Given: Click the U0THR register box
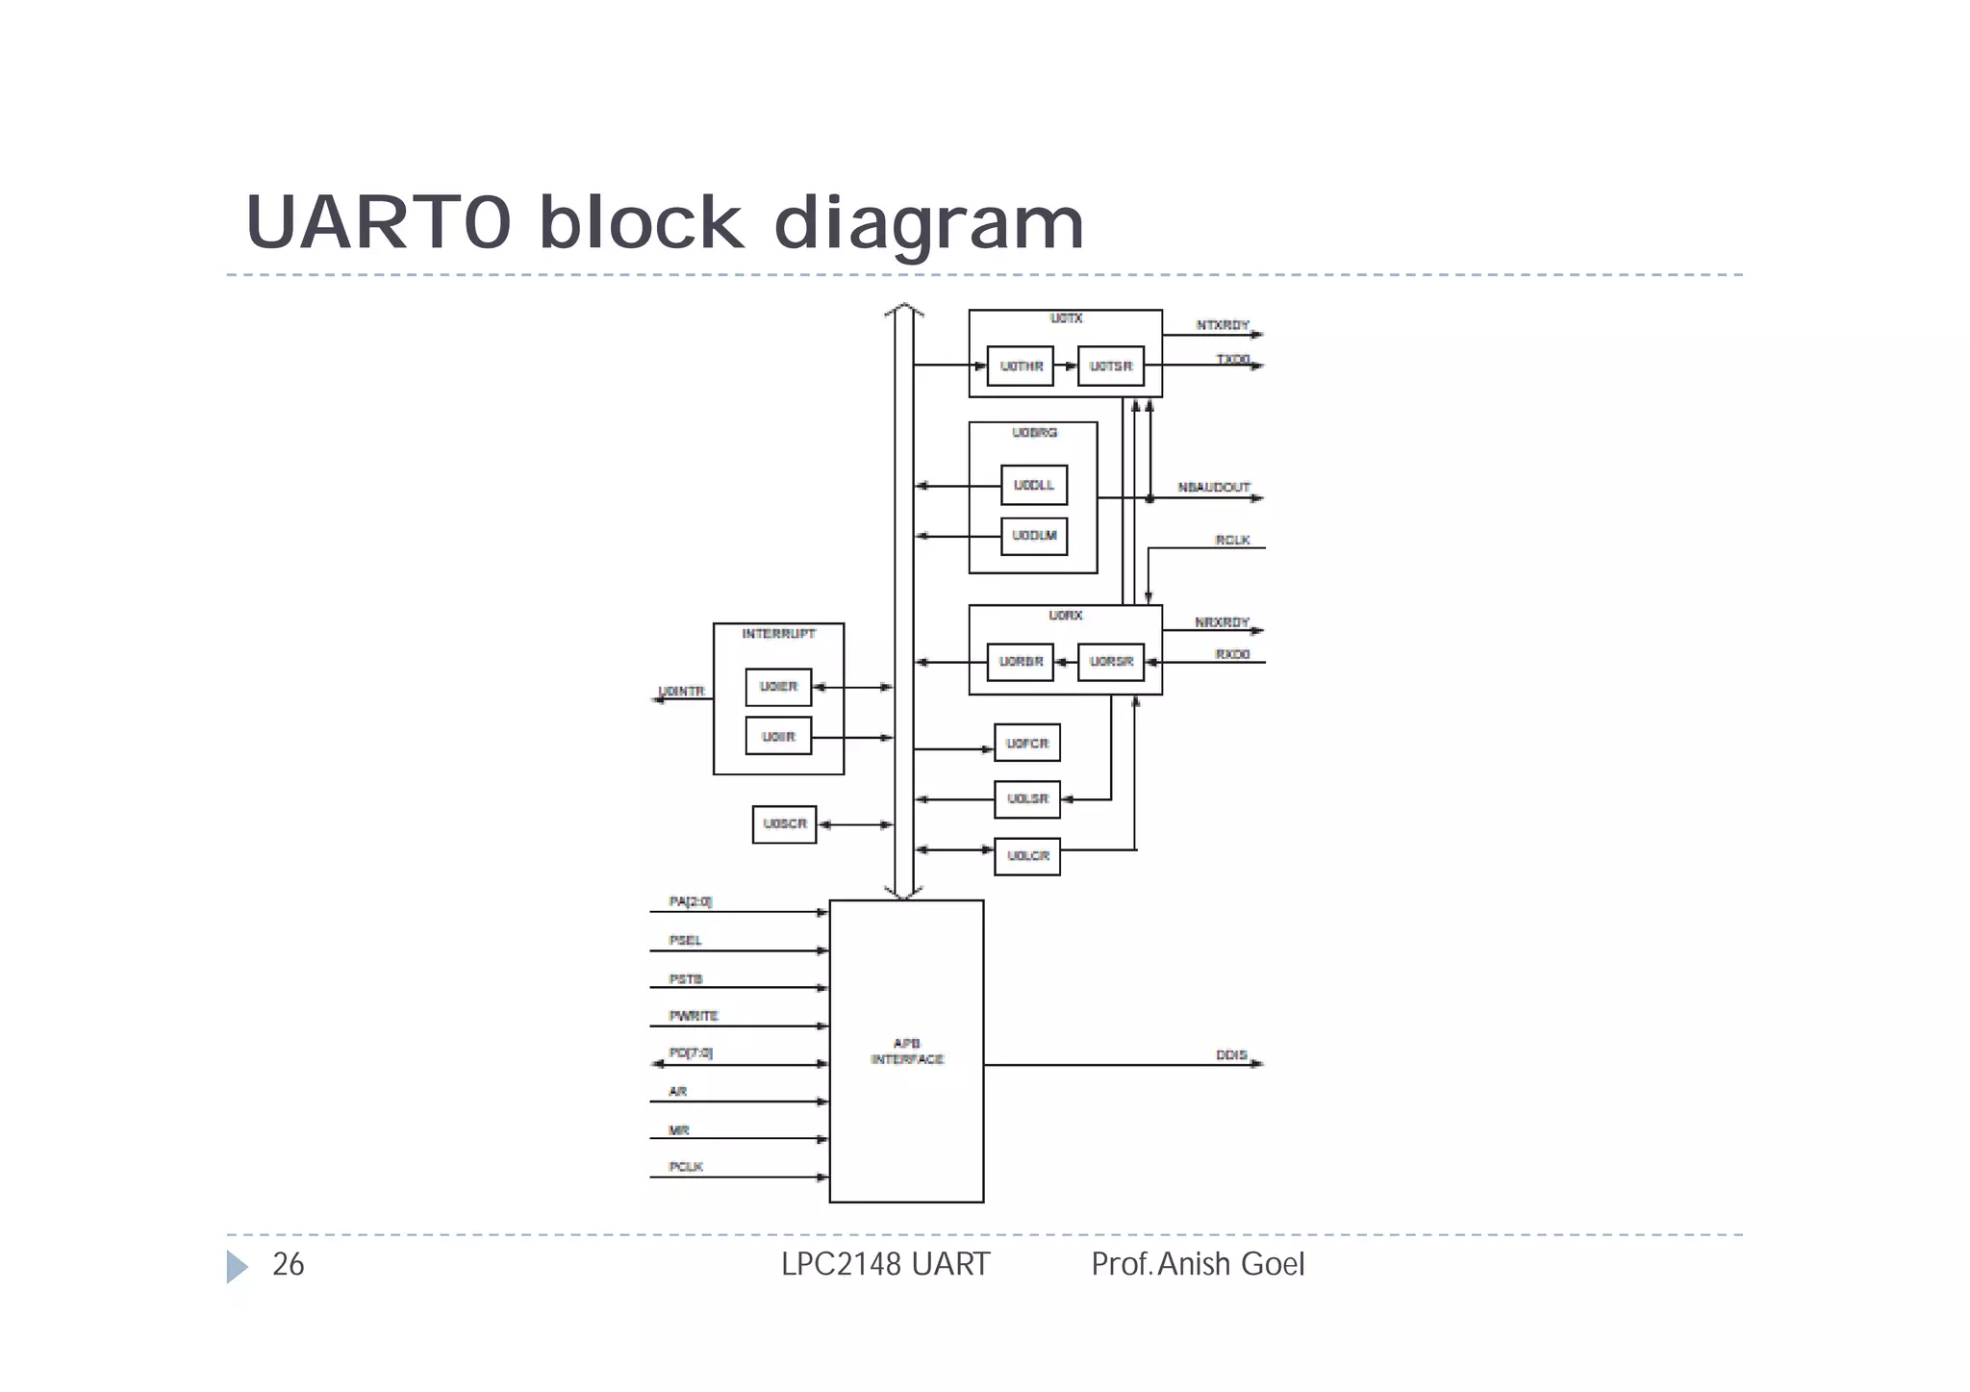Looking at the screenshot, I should [1020, 367].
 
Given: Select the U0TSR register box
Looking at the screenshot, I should [1110, 367].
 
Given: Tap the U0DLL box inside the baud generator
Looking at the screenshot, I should [1034, 485].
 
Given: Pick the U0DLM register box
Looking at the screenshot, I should [1034, 536].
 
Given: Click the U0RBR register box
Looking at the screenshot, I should [1020, 662].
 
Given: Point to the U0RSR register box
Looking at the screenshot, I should [1110, 662].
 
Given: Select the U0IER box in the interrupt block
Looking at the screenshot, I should [778, 687].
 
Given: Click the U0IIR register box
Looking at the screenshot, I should [778, 737].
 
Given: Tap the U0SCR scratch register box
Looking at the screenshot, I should [784, 824].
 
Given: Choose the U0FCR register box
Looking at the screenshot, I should [1026, 744].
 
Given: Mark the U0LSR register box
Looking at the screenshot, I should [1026, 799].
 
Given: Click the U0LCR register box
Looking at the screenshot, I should [1026, 856].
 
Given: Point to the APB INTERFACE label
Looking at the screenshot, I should [907, 1051].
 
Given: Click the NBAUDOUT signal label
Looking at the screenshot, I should [1214, 488].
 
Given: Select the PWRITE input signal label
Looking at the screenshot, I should [694, 1016].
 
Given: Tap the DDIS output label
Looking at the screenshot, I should [1231, 1055].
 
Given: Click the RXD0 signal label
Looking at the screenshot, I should [1232, 654].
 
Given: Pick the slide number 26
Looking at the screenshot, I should [289, 1264].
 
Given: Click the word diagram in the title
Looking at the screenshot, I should [928, 223].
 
